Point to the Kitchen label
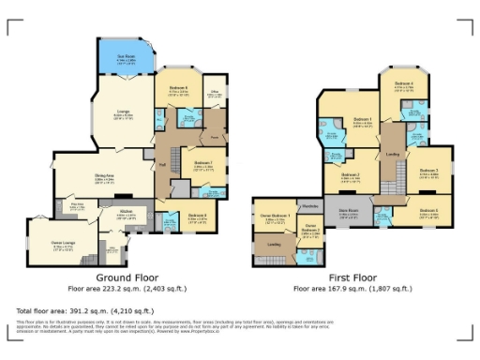127,212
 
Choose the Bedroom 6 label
178,89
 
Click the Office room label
214,91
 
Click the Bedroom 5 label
428,211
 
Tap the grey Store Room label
349,211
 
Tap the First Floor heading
352,278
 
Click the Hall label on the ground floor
162,164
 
